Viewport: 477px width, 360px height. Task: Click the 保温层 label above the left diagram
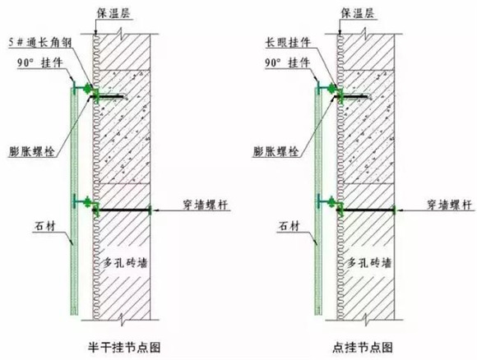tap(113, 13)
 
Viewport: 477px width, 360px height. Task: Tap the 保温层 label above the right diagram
tap(358, 13)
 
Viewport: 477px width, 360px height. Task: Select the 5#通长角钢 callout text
tap(40, 42)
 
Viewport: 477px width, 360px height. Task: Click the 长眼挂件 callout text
tap(288, 42)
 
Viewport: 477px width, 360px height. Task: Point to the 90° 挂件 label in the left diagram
tap(39, 63)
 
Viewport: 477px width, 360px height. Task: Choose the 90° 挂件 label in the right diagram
tap(287, 63)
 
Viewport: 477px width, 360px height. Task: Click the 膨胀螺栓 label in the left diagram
tap(31, 151)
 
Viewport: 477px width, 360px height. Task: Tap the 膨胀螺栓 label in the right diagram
tap(276, 151)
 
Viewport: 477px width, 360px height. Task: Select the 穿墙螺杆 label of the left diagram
tap(205, 205)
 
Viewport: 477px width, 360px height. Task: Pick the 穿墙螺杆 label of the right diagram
tap(449, 205)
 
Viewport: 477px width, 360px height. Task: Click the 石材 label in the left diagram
tap(45, 226)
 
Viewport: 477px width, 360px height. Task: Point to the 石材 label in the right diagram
tap(289, 226)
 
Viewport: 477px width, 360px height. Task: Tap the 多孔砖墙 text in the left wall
tap(125, 262)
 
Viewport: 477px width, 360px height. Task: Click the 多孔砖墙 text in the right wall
tap(369, 262)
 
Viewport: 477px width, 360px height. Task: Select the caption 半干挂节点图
tap(124, 347)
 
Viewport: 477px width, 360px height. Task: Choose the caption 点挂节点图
tap(363, 347)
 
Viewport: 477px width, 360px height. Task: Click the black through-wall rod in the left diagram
tap(124, 210)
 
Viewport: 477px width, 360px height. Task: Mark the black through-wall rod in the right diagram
tap(367, 210)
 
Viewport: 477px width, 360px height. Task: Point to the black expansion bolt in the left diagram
tap(109, 97)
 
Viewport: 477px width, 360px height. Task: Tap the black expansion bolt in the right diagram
tap(352, 97)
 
